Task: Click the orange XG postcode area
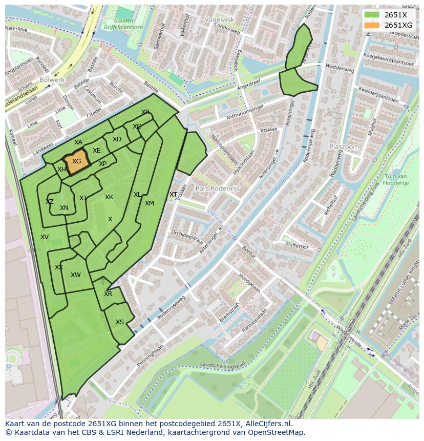77,162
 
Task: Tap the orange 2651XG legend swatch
372,25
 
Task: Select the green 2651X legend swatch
372,15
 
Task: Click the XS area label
119,322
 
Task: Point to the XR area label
108,294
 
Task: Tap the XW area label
76,275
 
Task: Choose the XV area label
45,237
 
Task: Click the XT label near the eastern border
173,195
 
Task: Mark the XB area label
145,112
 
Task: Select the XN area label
64,208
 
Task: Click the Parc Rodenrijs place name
219,188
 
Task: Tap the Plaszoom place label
344,146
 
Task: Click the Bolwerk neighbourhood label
53,80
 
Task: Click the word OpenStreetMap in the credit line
275,432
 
